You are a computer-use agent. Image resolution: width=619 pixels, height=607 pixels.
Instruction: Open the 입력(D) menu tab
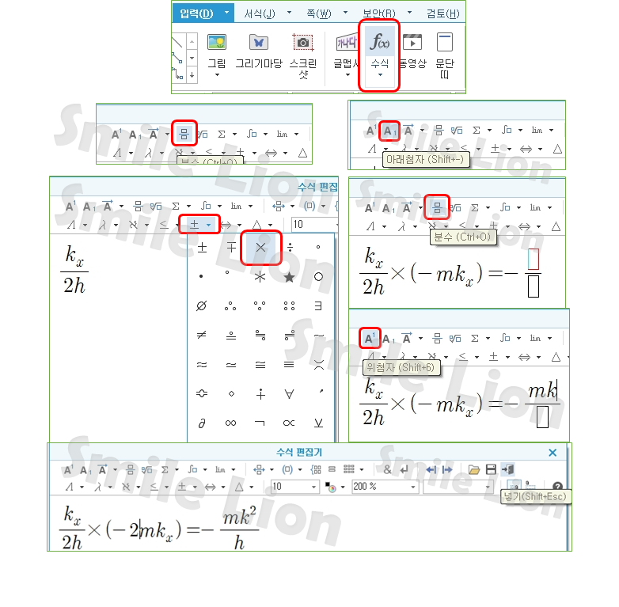[196, 13]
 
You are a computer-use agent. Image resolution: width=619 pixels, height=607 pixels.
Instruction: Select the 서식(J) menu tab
[259, 13]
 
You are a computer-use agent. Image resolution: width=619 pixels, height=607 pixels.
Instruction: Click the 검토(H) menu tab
[442, 13]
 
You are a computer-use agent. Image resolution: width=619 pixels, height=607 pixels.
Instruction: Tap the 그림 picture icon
[216, 43]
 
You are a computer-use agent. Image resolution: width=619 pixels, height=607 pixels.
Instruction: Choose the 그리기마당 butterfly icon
[258, 43]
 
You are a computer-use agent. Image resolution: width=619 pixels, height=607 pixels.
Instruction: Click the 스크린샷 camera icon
[302, 43]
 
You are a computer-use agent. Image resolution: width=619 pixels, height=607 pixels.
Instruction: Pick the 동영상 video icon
[412, 43]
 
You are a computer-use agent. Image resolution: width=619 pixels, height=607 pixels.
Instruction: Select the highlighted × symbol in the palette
[260, 248]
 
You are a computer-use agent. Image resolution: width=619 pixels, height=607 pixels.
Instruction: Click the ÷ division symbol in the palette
[290, 248]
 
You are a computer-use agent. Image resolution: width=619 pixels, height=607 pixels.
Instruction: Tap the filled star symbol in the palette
[290, 277]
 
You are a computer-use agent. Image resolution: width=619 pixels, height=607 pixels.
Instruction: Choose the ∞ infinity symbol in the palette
[231, 423]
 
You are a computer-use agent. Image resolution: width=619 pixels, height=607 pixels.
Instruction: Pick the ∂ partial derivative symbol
[202, 423]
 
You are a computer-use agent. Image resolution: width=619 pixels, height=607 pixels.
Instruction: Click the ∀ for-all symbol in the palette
[290, 394]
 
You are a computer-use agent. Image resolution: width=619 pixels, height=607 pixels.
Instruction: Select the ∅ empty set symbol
[202, 306]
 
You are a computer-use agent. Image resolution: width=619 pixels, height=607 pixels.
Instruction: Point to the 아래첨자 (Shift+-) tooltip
[425, 160]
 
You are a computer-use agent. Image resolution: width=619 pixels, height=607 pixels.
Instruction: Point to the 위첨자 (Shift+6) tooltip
[400, 368]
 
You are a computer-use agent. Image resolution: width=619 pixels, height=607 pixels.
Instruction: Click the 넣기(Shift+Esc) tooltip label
[535, 497]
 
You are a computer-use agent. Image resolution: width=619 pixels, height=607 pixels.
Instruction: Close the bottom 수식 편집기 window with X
[553, 453]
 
